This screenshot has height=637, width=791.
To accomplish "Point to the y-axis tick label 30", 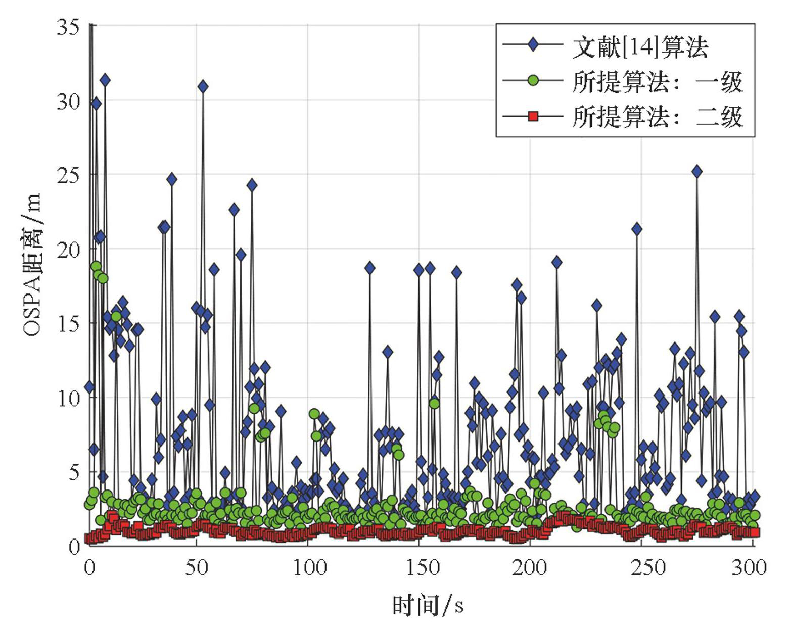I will coord(68,102).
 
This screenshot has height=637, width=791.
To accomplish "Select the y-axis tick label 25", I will coord(68,175).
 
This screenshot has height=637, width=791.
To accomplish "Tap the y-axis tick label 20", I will coord(68,250).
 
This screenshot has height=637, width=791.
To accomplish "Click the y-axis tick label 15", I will coord(68,324).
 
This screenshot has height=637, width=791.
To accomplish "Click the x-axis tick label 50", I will coord(196,568).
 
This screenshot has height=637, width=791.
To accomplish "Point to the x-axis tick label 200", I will coord(531,568).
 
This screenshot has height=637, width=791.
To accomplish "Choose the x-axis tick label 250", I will coord(642,568).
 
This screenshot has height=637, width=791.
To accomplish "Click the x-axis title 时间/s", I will coord(428,605).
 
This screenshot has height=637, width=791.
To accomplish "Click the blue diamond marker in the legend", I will coord(533,45).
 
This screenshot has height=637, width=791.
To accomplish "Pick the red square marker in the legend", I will coord(533,117).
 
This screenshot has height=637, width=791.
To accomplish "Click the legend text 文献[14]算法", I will coord(640,47).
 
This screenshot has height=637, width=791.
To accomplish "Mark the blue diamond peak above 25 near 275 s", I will coord(697,172).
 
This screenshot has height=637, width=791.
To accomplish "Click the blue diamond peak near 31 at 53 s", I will coord(203,87).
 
